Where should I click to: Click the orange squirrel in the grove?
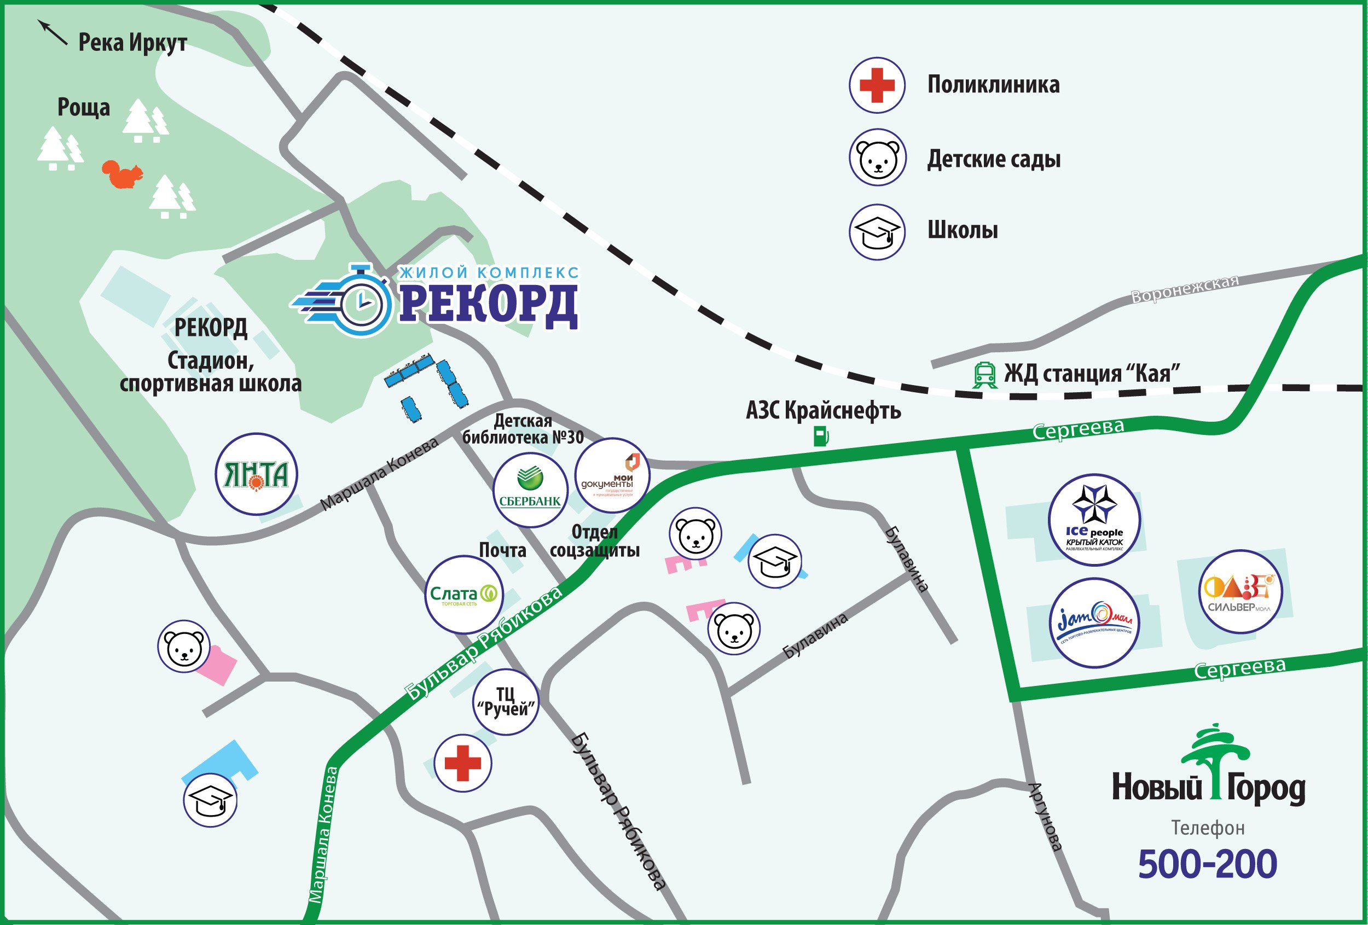click(123, 174)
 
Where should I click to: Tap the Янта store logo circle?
click(256, 474)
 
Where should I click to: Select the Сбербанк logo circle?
click(530, 490)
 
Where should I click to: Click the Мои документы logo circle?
click(612, 475)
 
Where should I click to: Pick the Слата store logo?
click(464, 594)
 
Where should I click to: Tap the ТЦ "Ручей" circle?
click(506, 702)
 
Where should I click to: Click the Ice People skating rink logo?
click(1094, 520)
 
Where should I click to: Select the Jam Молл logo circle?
click(1094, 623)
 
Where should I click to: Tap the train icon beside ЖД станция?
click(984, 375)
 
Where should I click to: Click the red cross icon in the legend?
click(877, 85)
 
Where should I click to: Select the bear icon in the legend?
click(877, 158)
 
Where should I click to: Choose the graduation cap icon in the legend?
click(877, 231)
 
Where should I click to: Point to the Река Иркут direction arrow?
click(53, 32)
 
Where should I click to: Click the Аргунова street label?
click(1045, 817)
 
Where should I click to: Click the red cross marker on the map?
click(463, 763)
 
